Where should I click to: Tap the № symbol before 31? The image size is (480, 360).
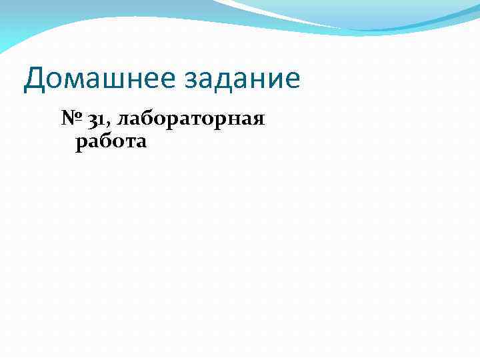[71, 120]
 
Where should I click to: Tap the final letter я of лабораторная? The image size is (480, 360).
[258, 121]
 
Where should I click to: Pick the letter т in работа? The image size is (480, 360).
[128, 142]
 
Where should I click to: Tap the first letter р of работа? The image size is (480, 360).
[81, 143]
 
